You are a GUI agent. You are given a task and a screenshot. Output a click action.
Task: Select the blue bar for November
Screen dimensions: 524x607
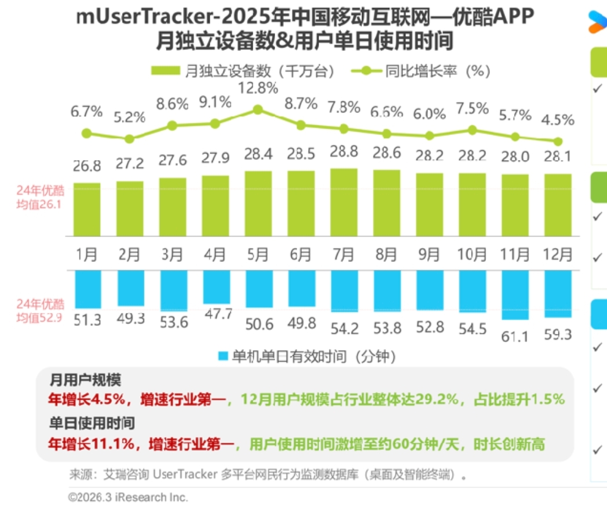515,294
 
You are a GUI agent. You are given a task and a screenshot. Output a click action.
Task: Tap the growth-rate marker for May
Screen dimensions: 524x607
258,110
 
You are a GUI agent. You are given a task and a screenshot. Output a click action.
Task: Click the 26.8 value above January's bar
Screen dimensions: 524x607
87,166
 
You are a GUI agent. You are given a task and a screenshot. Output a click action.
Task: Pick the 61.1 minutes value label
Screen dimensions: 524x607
515,334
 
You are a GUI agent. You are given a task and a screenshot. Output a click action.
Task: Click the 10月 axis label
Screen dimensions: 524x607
472,254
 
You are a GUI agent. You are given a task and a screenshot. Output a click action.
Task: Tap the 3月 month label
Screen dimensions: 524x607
173,254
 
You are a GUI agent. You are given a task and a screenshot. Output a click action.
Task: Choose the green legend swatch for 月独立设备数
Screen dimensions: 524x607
166,71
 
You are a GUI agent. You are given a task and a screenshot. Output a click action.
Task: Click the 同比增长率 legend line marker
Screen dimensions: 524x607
366,71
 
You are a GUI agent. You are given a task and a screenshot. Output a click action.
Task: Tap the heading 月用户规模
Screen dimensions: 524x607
85,380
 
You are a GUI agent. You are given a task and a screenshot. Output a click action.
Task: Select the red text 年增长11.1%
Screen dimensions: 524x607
93,444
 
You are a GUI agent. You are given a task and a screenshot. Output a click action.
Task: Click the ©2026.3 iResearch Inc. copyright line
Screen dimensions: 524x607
128,497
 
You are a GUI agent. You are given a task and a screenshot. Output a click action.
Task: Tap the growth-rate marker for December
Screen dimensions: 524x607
558,141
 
